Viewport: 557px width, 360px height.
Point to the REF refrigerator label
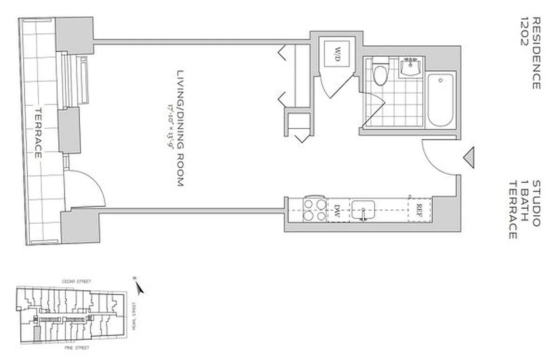tap(419, 210)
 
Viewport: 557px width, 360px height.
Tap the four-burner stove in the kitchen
tap(314, 210)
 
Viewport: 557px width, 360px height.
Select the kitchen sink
tap(363, 210)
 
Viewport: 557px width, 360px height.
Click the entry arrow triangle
tap(469, 158)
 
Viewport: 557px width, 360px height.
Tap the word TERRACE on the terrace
tap(38, 133)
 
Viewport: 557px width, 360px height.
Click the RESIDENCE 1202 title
tap(530, 53)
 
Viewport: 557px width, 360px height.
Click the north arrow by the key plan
tap(140, 287)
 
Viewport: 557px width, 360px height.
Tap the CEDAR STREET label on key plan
tap(77, 281)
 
